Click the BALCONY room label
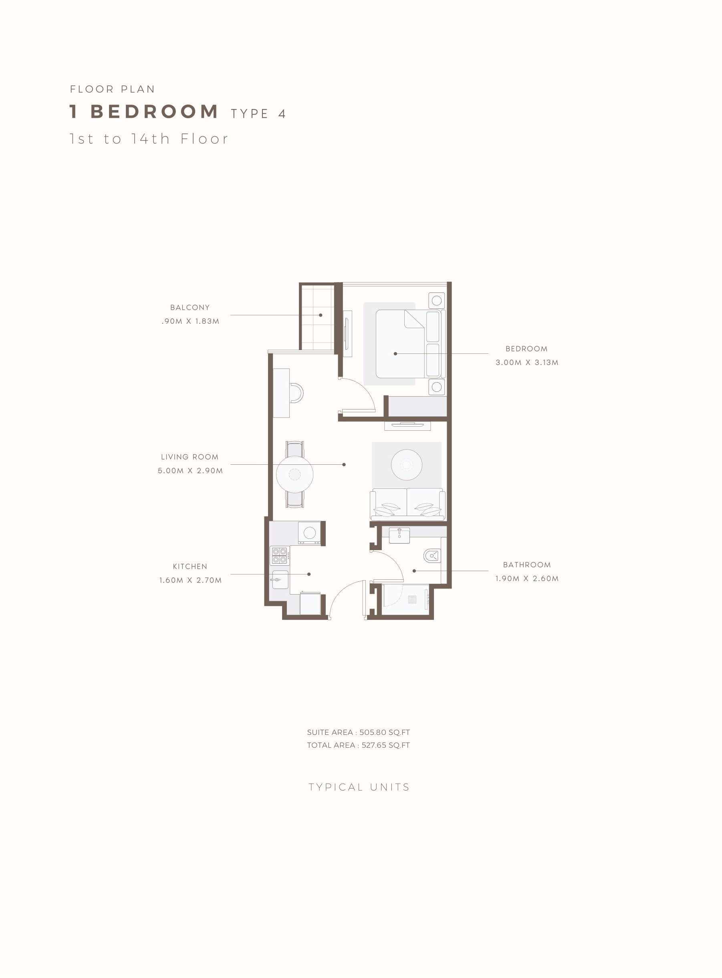(x=190, y=307)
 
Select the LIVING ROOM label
(x=190, y=457)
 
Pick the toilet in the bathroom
(x=432, y=556)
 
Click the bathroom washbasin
(x=399, y=535)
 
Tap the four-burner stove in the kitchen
(x=279, y=555)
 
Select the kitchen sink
(x=280, y=579)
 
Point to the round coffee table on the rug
(x=406, y=464)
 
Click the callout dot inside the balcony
(x=321, y=315)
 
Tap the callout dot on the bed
(x=395, y=353)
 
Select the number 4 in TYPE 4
(x=282, y=114)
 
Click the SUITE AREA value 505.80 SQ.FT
(x=385, y=732)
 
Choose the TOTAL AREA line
(x=358, y=745)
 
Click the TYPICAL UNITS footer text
(x=359, y=787)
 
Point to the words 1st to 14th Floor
(x=149, y=139)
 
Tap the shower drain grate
(x=412, y=599)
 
